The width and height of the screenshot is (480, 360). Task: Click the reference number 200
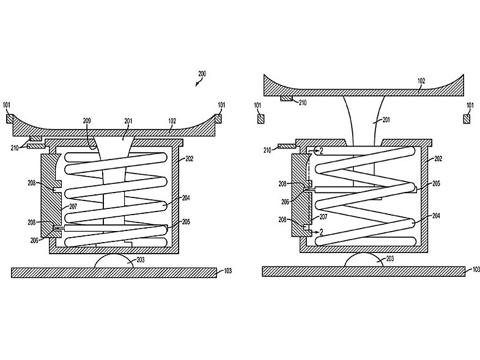202,74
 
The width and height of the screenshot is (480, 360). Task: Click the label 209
87,121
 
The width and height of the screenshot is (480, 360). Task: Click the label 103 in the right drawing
473,270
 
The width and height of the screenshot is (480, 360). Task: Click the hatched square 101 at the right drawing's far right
467,118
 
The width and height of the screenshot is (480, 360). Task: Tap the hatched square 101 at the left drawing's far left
9,119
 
